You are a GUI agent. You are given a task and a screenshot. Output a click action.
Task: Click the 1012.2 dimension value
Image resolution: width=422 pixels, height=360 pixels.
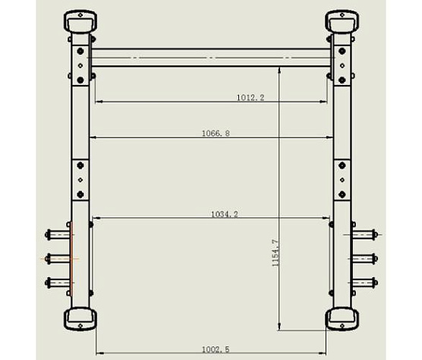(250, 97)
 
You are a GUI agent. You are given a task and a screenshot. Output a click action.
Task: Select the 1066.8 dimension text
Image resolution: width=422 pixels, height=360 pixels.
(216, 133)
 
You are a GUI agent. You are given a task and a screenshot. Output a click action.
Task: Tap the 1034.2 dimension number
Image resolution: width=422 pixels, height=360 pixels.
(225, 214)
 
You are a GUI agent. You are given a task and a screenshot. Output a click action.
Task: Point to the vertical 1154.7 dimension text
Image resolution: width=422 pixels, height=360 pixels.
(275, 253)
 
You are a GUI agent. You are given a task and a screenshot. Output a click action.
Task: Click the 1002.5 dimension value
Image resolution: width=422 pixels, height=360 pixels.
(216, 349)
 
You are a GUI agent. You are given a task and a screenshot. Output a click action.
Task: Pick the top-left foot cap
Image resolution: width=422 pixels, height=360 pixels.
(80, 21)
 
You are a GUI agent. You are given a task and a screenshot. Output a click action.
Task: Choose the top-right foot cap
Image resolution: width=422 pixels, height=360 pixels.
(342, 21)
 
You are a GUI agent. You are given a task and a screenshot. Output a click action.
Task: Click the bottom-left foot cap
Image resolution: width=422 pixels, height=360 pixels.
(80, 319)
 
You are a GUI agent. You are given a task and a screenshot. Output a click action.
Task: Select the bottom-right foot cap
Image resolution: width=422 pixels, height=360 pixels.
(342, 319)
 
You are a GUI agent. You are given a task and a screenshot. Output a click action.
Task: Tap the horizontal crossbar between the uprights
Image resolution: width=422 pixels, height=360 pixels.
(211, 58)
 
